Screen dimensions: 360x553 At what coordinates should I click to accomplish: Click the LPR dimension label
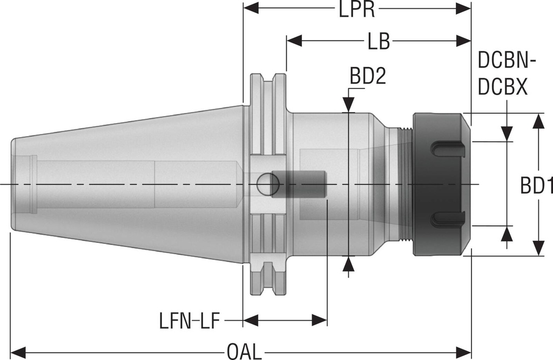357,10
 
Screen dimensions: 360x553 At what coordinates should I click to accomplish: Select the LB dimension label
378,42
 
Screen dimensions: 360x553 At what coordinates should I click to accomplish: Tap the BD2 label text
368,78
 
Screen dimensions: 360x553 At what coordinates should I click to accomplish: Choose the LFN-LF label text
189,322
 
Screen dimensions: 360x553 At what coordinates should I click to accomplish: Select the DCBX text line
503,87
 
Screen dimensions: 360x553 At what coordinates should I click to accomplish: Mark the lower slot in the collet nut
448,219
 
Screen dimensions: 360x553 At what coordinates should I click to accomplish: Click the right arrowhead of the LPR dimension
464,9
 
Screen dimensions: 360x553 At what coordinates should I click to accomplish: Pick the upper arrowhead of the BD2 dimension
349,104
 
